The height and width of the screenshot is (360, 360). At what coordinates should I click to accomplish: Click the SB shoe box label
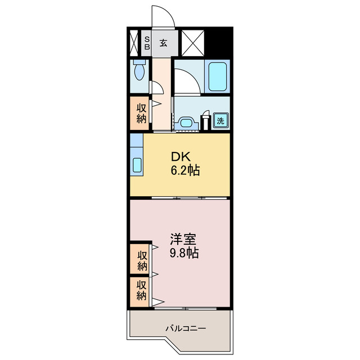(147, 43)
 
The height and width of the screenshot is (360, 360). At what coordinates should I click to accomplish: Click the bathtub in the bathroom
(218, 76)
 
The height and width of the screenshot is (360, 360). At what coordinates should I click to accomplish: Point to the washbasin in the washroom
(187, 123)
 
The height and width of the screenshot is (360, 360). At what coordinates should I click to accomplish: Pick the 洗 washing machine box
(221, 120)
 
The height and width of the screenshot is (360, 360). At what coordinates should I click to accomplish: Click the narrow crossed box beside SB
(133, 43)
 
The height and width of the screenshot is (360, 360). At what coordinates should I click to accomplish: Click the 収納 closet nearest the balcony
(141, 290)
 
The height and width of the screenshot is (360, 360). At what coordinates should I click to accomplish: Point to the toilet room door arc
(157, 87)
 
